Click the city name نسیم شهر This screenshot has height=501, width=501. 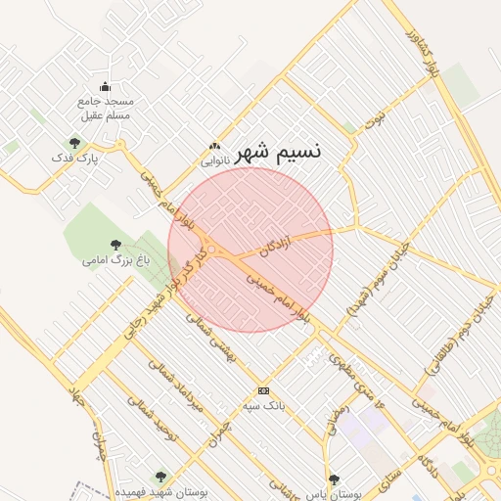[277, 152]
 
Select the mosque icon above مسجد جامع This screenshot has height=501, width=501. [106, 87]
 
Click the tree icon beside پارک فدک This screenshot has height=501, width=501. [74, 143]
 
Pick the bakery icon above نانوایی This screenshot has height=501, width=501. [215, 146]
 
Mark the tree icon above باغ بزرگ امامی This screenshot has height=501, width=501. [116, 245]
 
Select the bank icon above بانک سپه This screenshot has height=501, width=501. [262, 390]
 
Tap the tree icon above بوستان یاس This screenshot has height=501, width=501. [335, 479]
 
